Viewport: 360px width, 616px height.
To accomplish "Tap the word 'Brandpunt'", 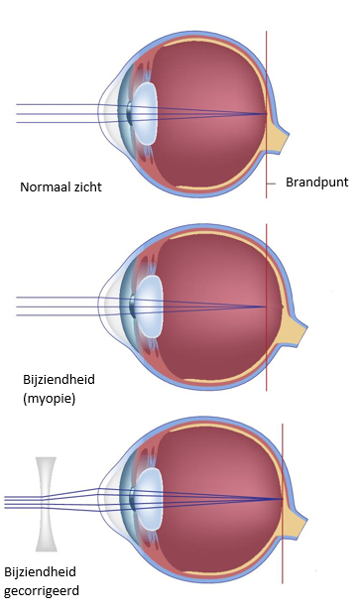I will pyautogui.click(x=316, y=183).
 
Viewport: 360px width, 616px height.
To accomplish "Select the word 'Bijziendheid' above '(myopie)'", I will pyautogui.click(x=54, y=380).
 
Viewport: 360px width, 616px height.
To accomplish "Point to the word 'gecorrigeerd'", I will pyautogui.click(x=41, y=591).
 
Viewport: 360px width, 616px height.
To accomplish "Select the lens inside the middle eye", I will pyautogui.click(x=149, y=305).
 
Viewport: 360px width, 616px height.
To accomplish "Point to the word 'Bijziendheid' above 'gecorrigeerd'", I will pyautogui.click(x=41, y=572).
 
